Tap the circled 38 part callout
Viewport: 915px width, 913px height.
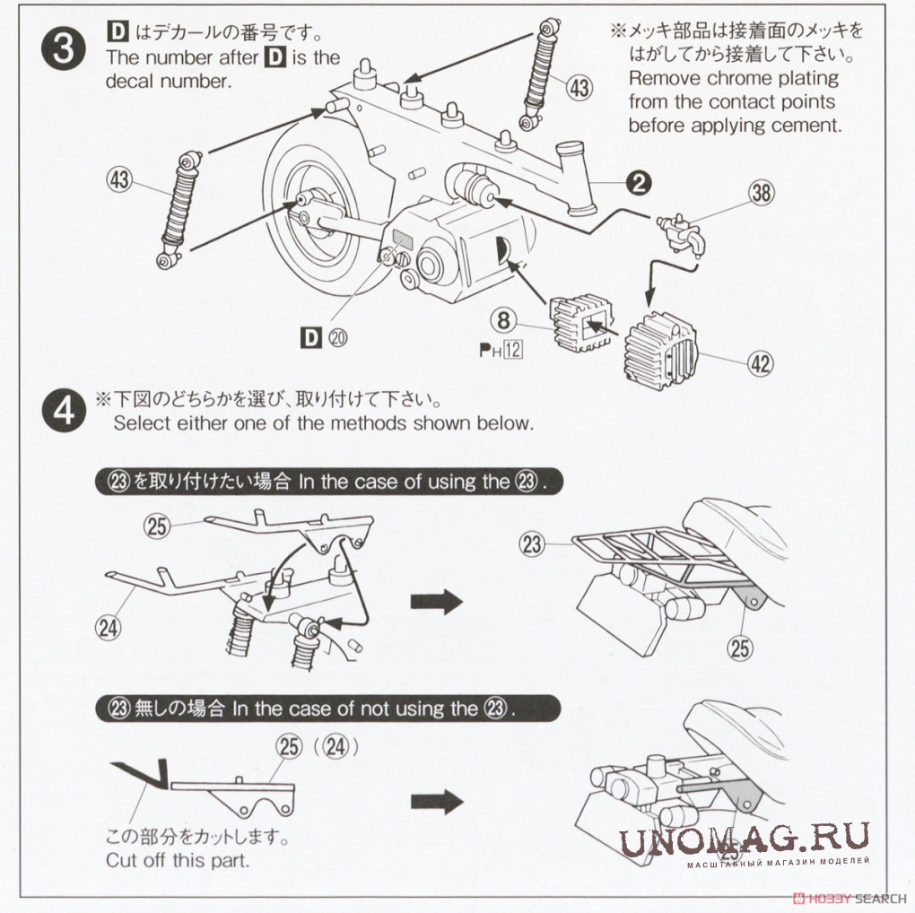click(762, 193)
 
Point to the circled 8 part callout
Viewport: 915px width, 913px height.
click(504, 319)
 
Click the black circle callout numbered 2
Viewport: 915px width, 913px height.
click(638, 184)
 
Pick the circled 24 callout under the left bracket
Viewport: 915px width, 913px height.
click(108, 628)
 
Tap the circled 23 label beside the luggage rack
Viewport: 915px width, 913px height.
click(532, 544)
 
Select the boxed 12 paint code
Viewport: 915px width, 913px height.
click(512, 349)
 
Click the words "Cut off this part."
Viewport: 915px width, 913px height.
click(178, 860)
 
